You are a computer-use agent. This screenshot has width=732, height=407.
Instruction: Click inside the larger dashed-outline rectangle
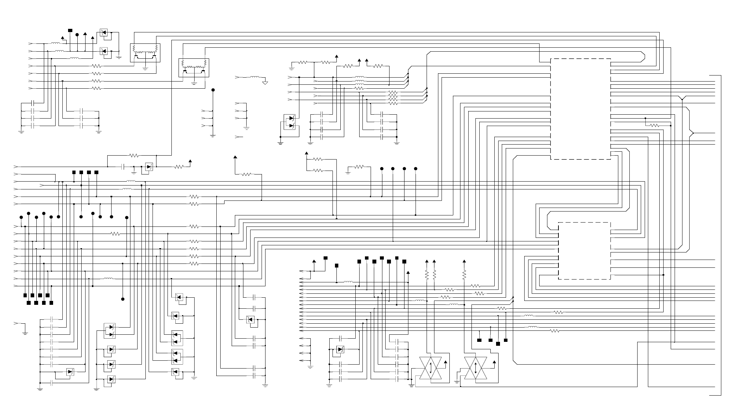click(581, 109)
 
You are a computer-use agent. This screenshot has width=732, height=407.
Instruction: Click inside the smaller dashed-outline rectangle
click(584, 251)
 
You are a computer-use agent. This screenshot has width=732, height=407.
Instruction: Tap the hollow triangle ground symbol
click(265, 83)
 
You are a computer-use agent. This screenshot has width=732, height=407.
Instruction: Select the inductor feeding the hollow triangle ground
click(255, 77)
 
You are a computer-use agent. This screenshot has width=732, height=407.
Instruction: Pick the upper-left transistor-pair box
click(145, 53)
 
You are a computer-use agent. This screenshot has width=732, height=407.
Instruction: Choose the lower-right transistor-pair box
click(194, 68)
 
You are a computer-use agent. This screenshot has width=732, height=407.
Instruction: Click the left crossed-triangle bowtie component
click(431, 368)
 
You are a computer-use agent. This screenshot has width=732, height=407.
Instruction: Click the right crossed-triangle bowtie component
click(476, 368)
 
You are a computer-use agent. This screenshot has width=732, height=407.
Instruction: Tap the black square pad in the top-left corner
click(70, 30)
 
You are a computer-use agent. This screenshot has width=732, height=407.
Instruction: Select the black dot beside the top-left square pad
click(77, 35)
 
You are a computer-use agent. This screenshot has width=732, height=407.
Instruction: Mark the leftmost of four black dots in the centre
click(382, 169)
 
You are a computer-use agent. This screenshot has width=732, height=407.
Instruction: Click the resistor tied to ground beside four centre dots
click(359, 167)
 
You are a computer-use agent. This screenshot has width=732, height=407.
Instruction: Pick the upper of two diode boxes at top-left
click(104, 33)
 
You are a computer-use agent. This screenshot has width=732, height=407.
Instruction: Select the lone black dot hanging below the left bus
click(123, 299)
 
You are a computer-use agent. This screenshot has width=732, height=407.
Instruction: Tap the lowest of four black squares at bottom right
click(498, 344)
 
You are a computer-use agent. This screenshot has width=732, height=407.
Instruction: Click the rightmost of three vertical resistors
click(464, 275)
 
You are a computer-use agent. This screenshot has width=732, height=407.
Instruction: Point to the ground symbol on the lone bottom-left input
click(25, 333)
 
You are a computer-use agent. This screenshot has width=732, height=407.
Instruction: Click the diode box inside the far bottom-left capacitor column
click(70, 372)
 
